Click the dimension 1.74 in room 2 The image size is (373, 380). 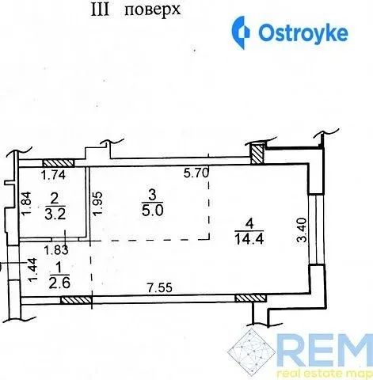54,175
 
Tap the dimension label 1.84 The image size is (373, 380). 26,203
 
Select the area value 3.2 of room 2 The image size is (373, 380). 55,215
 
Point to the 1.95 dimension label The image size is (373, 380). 97,203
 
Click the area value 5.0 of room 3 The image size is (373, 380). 153,211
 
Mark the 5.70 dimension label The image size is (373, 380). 196,173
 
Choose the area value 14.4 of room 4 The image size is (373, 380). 249,239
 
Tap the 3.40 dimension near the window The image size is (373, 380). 302,230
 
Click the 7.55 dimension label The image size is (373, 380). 160,287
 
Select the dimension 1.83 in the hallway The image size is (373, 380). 56,250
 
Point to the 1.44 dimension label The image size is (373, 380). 32,270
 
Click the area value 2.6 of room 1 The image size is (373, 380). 59,283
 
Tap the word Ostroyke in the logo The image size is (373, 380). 303,33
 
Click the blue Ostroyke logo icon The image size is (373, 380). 241,32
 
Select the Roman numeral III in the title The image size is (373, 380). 100,11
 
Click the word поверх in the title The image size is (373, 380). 152,11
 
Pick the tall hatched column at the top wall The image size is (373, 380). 257,154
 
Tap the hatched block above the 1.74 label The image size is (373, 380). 59,163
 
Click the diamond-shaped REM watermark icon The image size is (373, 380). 251,351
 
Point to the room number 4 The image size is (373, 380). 249,224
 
